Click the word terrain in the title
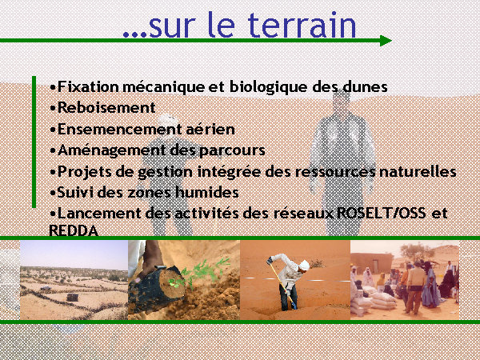302,25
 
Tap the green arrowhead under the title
386,41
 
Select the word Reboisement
106,107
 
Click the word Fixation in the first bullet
88,86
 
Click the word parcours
232,150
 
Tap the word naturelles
418,171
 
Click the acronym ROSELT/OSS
382,213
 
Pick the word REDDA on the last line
74,230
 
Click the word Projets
85,172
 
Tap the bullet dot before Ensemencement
53,130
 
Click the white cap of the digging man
304,265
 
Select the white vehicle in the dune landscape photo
46,288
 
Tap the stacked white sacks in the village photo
373,301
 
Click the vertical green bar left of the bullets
34,142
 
